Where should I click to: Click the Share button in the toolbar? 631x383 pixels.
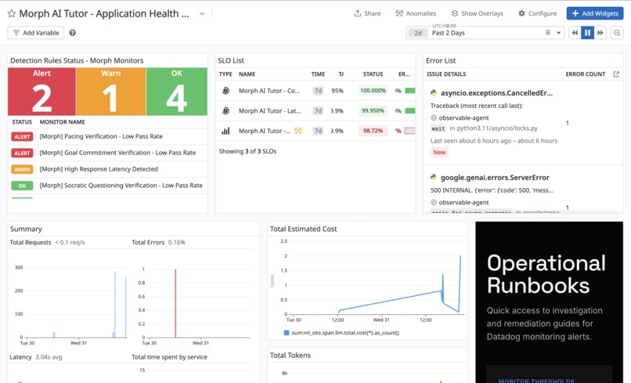coord(367,13)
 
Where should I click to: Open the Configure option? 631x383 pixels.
coord(537,13)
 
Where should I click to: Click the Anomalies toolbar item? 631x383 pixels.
coord(416,13)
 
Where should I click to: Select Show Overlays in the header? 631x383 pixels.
coord(477,13)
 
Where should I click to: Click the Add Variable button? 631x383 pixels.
coord(36,33)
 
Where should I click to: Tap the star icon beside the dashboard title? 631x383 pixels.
coord(12,14)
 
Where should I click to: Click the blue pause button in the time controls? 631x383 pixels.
coord(587,33)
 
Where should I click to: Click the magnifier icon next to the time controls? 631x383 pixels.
coord(617,33)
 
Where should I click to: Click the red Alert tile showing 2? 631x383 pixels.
coord(42,91)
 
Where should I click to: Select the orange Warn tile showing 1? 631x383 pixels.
coord(111,91)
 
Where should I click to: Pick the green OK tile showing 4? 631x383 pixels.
coord(176,91)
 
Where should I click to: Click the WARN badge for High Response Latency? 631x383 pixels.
coord(22,169)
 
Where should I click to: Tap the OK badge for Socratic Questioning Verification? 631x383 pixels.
coord(22,186)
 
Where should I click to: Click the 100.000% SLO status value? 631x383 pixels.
coord(373,91)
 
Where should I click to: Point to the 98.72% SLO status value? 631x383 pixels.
coord(373,131)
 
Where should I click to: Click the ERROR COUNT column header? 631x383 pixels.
coord(585,74)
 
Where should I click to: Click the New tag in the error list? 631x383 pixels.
coord(439,153)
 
